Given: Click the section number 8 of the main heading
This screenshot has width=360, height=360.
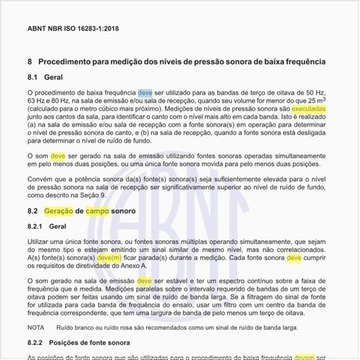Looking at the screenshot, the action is [29, 62].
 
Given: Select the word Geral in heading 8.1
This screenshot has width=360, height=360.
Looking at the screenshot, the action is [53, 78].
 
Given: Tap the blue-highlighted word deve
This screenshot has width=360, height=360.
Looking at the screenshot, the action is [145, 93].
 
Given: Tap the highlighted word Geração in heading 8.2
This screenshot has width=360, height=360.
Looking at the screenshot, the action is [58, 211].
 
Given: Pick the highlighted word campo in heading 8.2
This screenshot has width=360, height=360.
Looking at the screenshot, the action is [98, 211].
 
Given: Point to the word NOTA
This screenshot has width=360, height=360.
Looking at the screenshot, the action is [37, 327].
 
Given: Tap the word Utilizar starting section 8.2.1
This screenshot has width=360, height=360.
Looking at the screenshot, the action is [40, 242].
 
